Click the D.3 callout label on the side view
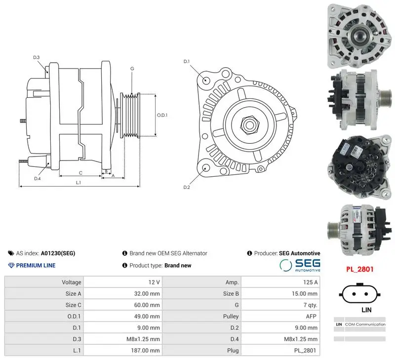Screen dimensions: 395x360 (x=37, y=57)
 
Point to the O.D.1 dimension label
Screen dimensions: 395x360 (x=162, y=115)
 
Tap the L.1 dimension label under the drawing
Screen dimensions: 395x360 (x=79, y=182)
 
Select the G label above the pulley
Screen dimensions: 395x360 (x=132, y=69)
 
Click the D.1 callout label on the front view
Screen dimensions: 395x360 (x=187, y=61)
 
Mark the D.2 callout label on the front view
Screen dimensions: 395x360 (x=187, y=187)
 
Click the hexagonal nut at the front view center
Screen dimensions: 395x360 (x=249, y=124)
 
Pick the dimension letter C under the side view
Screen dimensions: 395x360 (x=80, y=173)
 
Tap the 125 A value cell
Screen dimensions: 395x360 (x=311, y=282)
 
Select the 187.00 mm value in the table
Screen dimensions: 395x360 (x=145, y=351)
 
